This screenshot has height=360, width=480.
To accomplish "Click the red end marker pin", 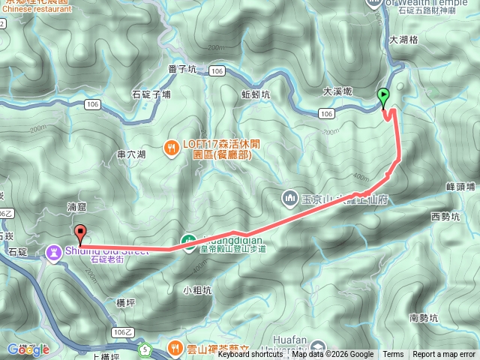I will point(79,232).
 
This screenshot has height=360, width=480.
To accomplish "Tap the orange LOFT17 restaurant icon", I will point(173,148).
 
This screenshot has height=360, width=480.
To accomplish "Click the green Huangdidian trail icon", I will point(189,241).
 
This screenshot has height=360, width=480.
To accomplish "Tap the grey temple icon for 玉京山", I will point(290,199).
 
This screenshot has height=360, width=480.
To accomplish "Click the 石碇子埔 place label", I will point(151,94).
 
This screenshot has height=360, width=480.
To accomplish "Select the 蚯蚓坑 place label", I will point(256,94).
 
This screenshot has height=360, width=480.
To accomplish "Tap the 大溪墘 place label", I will point(337,91).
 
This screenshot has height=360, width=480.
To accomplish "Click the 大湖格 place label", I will point(403,40).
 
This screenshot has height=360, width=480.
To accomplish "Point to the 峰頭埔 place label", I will point(460,186).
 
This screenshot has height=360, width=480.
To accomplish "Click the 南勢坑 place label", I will point(425,318).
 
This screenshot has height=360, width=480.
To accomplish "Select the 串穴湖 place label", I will point(132,154).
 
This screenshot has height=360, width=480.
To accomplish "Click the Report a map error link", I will point(444,354).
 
